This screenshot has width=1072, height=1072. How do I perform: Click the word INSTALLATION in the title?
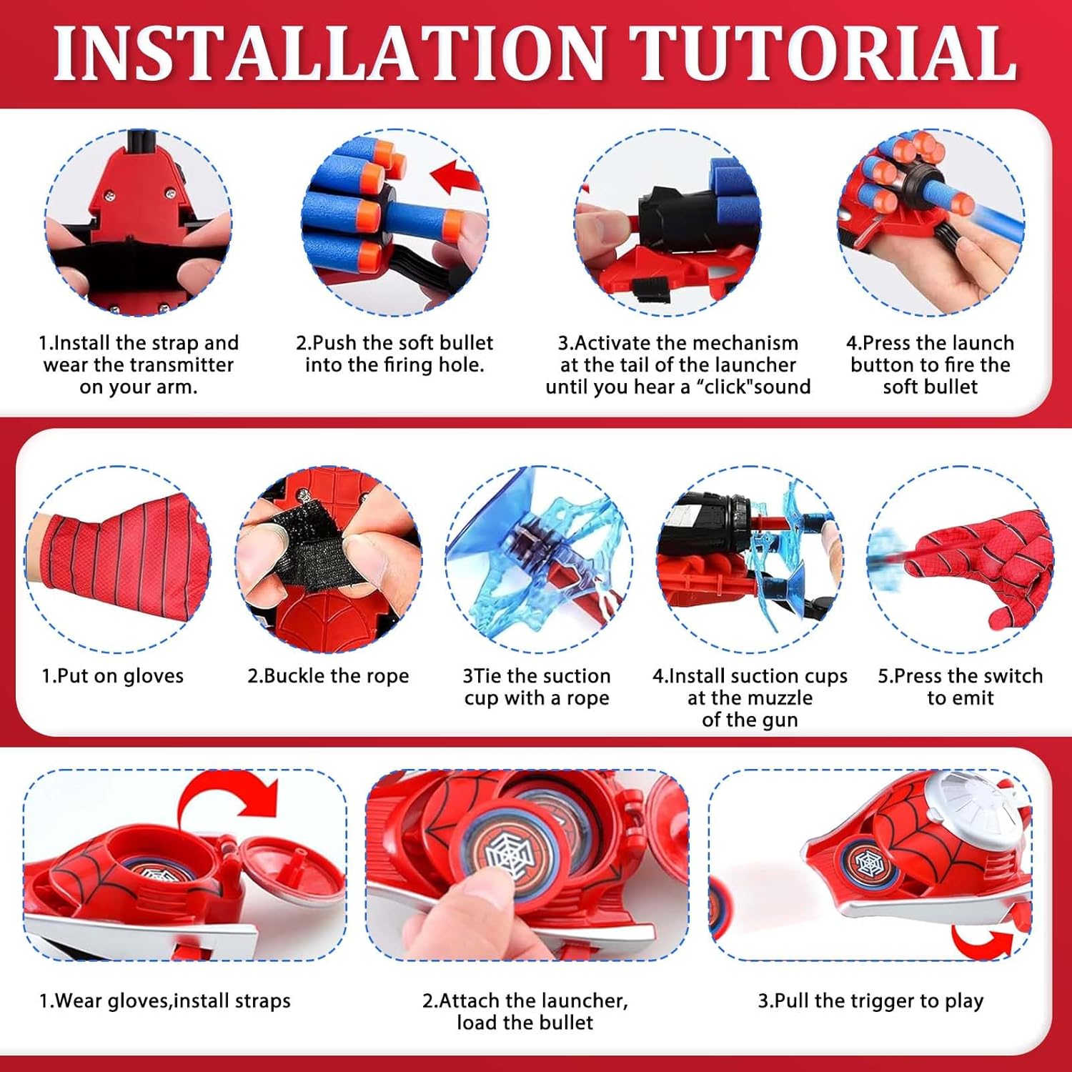330,53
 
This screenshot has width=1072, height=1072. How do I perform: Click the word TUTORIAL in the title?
823,53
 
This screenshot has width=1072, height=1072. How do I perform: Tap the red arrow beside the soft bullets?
457,176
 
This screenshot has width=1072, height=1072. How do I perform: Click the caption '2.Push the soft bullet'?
394,343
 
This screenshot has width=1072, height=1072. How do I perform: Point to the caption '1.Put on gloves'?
112,676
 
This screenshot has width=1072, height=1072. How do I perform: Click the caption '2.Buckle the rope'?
328,676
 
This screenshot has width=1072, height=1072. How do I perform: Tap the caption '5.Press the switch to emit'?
960,687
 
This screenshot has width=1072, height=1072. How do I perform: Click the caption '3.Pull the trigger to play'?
870,1001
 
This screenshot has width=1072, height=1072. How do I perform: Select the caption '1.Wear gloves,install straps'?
165,1001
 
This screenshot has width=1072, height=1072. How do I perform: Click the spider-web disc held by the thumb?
510,854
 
